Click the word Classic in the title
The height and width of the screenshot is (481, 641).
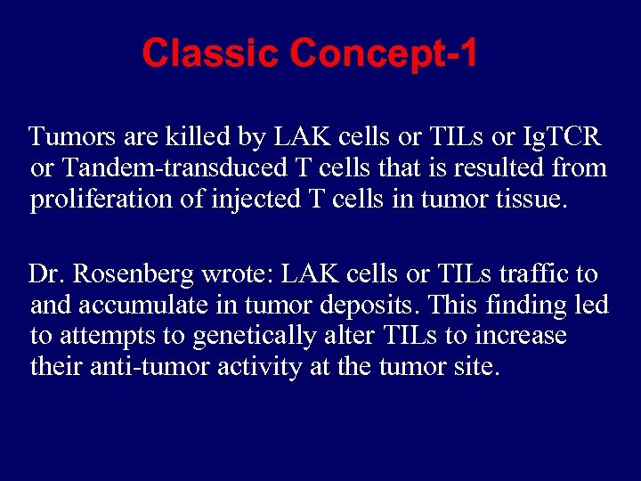pyautogui.click(x=211, y=54)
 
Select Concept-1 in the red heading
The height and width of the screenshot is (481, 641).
pyautogui.click(x=384, y=54)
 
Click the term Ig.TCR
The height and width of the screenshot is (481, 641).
pyautogui.click(x=562, y=137)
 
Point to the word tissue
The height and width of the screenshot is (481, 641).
pyautogui.click(x=527, y=199)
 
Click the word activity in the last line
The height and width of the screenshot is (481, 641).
pyautogui.click(x=265, y=367)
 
